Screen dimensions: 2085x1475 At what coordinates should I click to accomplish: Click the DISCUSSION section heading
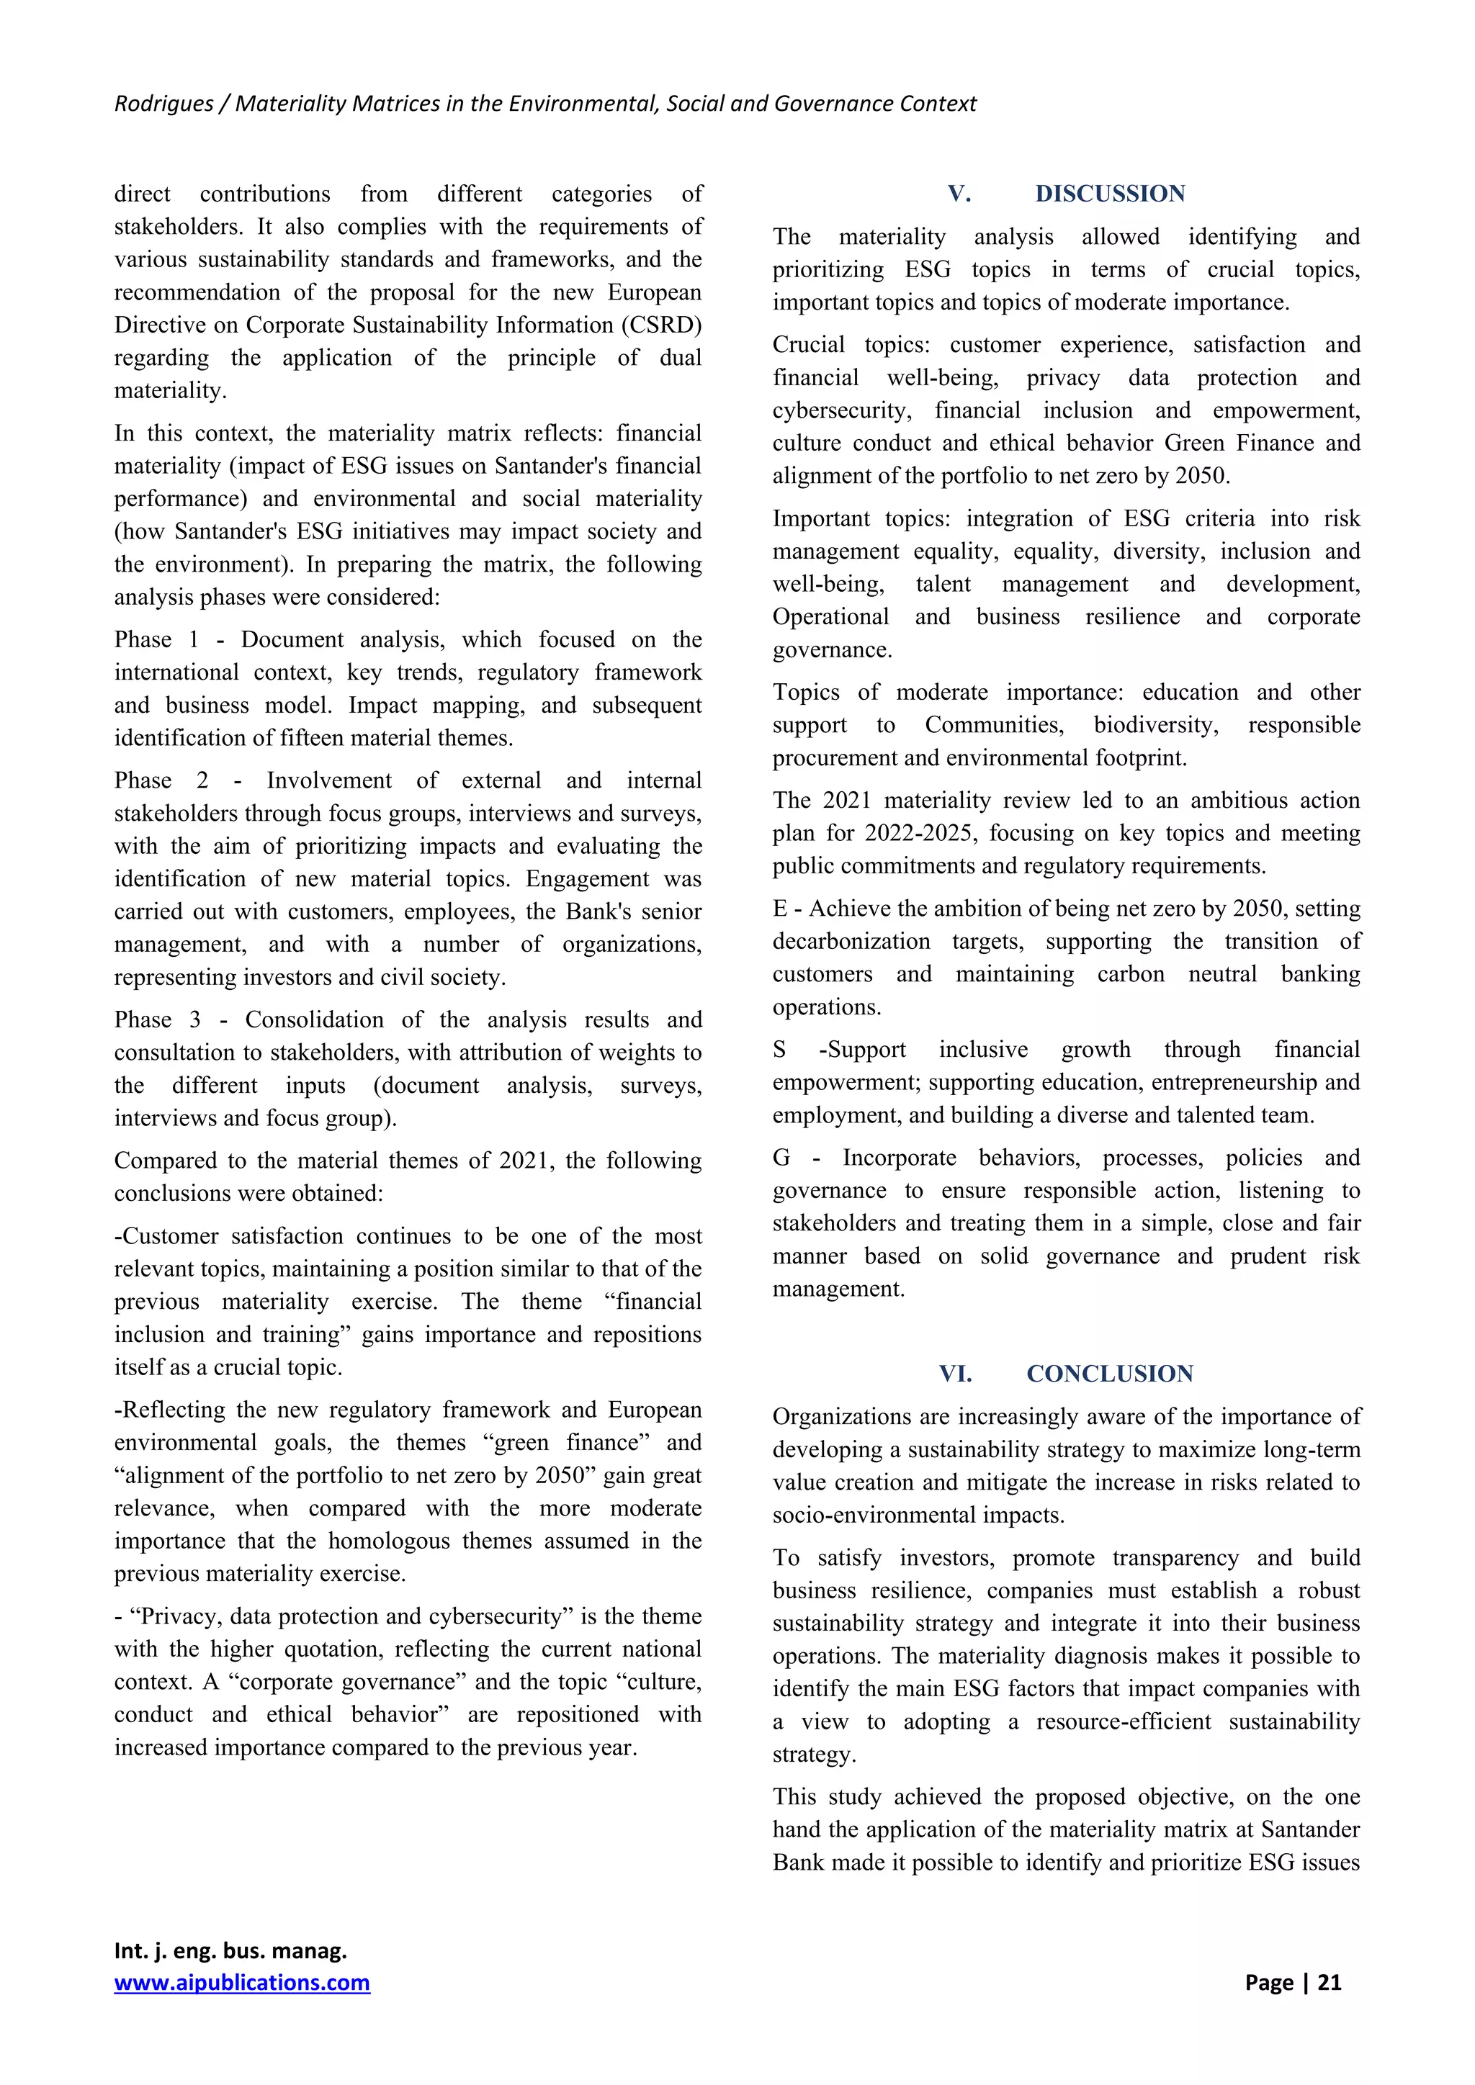pyautogui.click(x=1110, y=194)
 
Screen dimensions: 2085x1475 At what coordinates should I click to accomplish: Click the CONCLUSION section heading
pyautogui.click(x=1110, y=1373)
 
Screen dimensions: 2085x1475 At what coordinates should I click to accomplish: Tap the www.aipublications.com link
pyautogui.click(x=241, y=1982)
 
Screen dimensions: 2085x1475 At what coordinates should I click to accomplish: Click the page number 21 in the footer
pyautogui.click(x=1330, y=1982)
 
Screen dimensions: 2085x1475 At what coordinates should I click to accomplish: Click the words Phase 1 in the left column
pyautogui.click(x=156, y=639)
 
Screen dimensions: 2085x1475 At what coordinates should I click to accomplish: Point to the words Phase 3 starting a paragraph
pyautogui.click(x=156, y=1019)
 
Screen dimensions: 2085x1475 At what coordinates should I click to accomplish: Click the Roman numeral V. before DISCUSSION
pyautogui.click(x=959, y=194)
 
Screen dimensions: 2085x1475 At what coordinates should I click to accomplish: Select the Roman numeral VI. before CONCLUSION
pyautogui.click(x=956, y=1373)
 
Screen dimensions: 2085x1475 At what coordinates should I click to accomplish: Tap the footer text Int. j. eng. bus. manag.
pyautogui.click(x=230, y=1950)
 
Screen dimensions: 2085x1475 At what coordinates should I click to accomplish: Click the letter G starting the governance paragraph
pyautogui.click(x=781, y=1158)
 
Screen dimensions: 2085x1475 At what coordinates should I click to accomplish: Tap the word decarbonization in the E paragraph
pyautogui.click(x=851, y=941)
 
